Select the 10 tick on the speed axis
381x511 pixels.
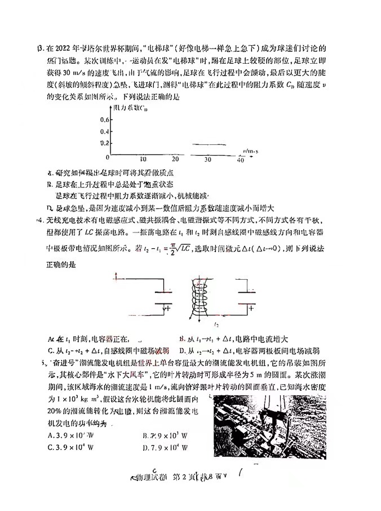(143, 160)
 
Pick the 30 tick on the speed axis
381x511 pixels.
(207, 160)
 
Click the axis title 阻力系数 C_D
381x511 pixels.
(132, 107)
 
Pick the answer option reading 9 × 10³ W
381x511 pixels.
(167, 435)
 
